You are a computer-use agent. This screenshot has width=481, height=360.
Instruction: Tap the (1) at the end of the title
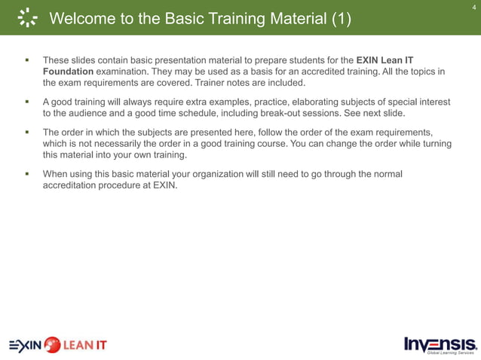coord(341,20)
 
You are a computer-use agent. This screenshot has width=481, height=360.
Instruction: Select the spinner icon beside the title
coord(26,19)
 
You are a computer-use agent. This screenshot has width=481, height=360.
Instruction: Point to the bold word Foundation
coord(68,71)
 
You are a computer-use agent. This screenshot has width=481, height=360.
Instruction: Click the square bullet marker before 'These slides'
coord(26,59)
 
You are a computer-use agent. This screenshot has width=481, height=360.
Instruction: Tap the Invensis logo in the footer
coord(440,343)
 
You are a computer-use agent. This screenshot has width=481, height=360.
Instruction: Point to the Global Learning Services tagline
coord(451,352)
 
